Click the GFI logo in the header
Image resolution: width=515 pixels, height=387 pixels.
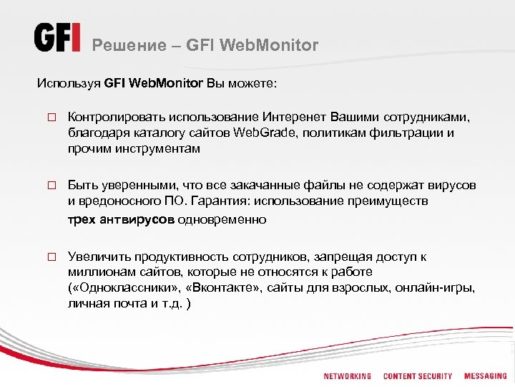(x=57, y=38)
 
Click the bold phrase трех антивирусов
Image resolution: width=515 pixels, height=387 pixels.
(x=121, y=219)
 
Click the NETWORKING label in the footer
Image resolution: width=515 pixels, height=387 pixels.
(x=347, y=376)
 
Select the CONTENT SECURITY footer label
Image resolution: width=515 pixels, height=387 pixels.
(x=418, y=376)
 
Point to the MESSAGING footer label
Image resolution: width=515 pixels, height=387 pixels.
(x=485, y=376)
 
